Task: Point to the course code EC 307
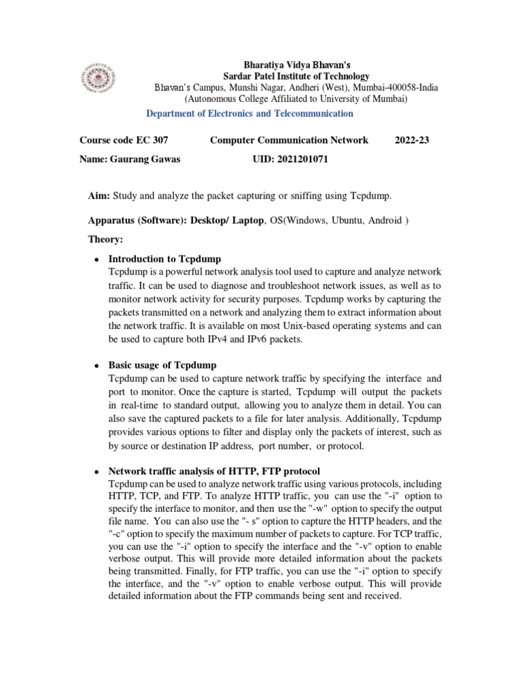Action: [x=151, y=140]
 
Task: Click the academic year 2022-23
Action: [x=412, y=140]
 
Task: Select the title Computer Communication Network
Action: [x=289, y=140]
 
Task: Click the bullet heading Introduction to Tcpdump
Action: [x=164, y=259]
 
